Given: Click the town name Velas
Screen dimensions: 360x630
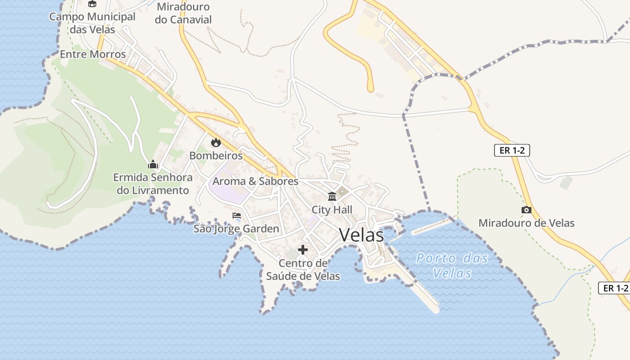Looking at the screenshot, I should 361,235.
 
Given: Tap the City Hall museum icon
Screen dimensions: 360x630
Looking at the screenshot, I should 332,197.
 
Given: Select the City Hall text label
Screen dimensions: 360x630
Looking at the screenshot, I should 332,210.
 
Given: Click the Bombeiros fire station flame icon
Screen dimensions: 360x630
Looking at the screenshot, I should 216,143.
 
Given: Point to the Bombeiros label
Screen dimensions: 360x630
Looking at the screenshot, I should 216,156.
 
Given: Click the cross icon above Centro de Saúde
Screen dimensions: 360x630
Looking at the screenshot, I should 303,250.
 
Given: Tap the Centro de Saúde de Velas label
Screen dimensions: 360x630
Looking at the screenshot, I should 303,270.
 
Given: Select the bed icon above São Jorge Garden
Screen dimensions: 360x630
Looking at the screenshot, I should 237,216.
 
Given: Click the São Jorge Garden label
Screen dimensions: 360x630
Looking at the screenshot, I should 236,229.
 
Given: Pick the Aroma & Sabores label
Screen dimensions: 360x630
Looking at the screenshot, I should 255,181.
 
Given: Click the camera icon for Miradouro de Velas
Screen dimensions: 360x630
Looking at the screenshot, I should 526,210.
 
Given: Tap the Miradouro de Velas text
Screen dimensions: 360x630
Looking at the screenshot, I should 526,223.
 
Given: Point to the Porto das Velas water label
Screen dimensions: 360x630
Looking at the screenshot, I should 452,265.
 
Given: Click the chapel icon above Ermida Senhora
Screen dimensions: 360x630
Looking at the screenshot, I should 153,164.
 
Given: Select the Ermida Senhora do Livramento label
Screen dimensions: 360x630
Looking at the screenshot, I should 153,184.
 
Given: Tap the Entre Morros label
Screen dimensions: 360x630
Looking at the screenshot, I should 93,54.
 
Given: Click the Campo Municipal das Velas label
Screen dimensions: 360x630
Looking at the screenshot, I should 92,23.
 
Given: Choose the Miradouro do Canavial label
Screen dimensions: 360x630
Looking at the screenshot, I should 183,13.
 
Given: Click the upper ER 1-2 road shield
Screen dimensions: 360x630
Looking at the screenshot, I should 512,150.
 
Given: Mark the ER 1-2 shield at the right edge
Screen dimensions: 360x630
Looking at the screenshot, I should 615,288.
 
